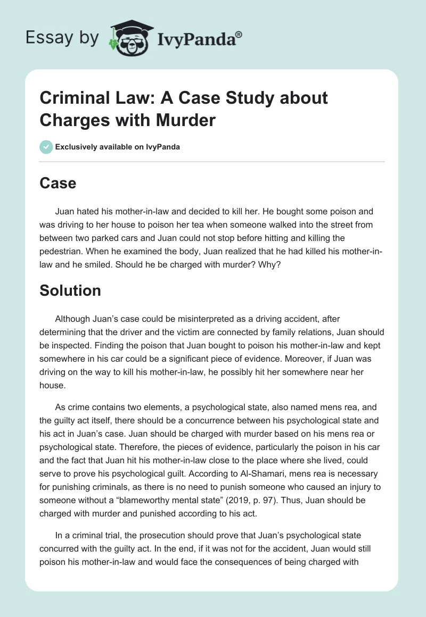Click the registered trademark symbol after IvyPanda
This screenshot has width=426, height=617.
pos(239,34)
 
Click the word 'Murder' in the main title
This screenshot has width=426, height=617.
pos(185,120)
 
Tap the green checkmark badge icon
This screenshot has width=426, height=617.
pos(46,147)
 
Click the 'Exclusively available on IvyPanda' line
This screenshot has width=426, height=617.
pos(117,147)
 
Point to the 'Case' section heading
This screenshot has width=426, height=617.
pos(58,183)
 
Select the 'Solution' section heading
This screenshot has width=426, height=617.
pos(70,290)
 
